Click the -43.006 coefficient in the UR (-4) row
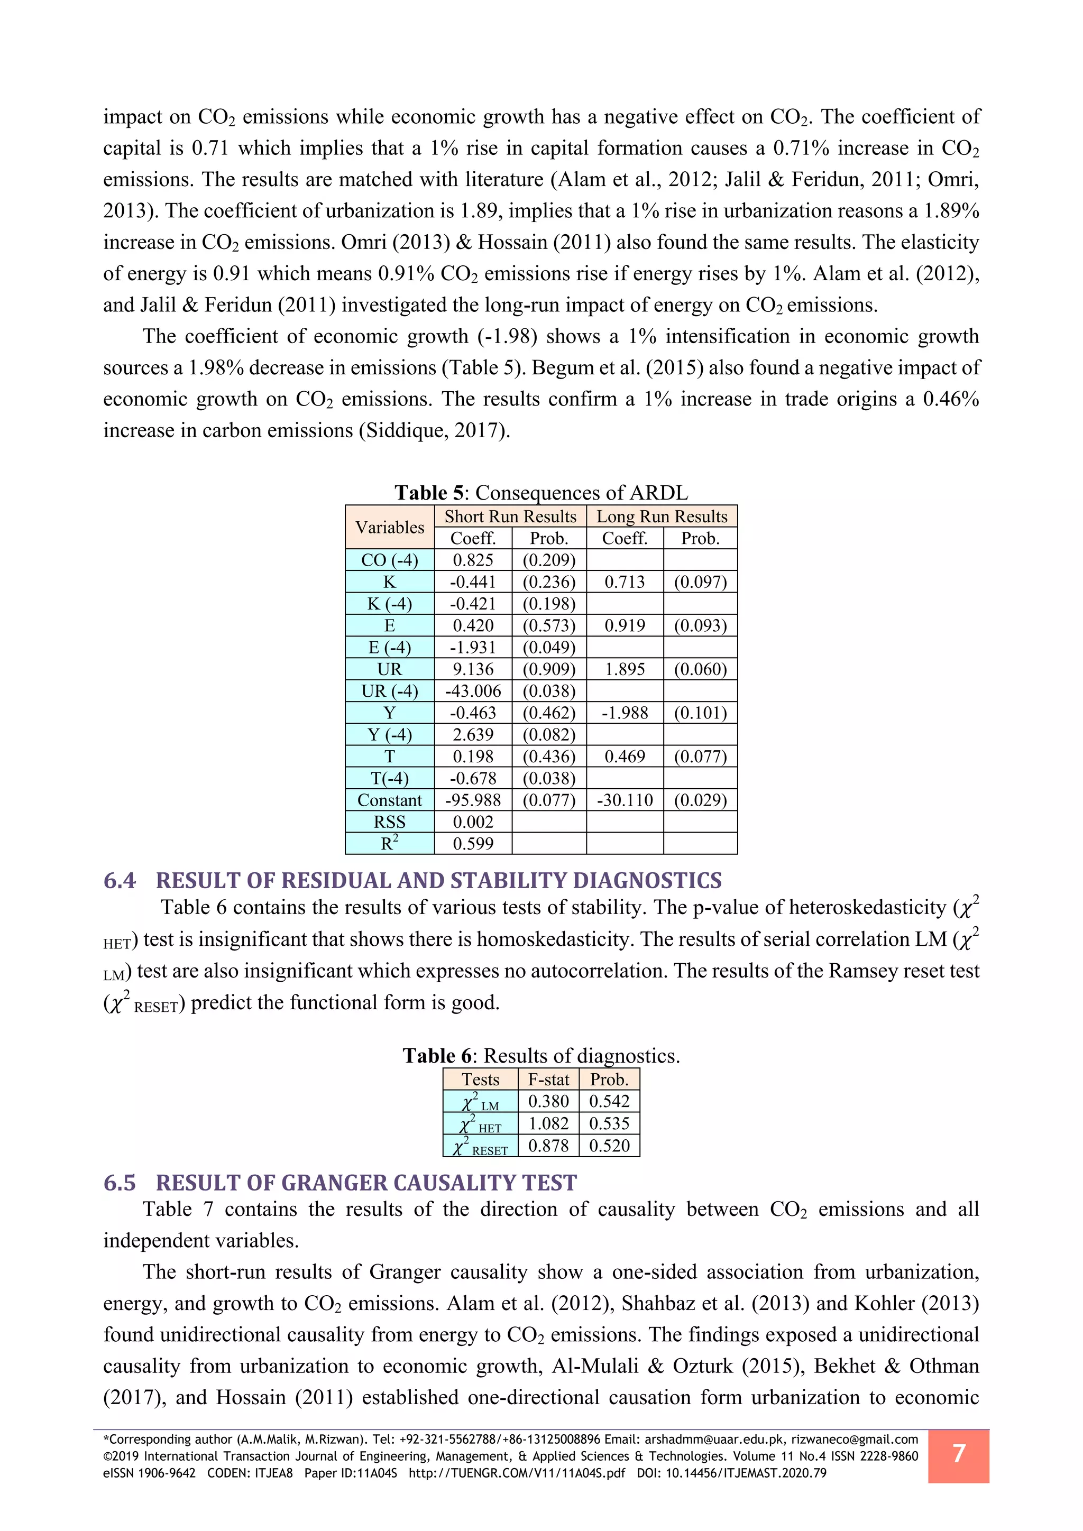coord(473,691)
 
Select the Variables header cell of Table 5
coord(389,528)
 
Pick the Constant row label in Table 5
coord(389,800)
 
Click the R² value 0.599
coord(473,844)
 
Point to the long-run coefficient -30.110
coord(625,800)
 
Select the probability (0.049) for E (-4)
coord(549,648)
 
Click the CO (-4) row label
coord(389,560)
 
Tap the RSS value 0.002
coord(473,822)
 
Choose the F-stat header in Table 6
coord(548,1080)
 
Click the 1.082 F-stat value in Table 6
coord(548,1123)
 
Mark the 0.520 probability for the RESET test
coord(609,1146)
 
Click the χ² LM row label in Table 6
coord(480,1102)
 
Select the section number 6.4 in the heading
coord(120,881)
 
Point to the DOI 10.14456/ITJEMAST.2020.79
coord(746,1473)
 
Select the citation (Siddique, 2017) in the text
coord(434,430)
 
